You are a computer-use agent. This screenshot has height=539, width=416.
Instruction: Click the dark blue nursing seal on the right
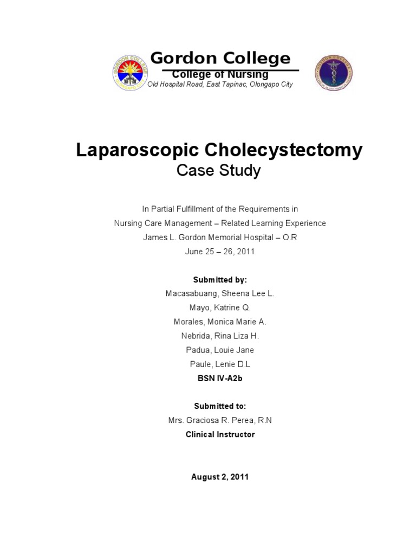click(x=333, y=73)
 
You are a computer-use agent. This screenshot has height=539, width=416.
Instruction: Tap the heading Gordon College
click(x=220, y=58)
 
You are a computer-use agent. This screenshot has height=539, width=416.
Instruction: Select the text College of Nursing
click(x=220, y=74)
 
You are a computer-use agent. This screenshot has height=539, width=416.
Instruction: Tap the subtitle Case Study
click(x=219, y=170)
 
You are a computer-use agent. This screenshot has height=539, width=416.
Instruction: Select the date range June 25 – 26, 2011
click(x=219, y=252)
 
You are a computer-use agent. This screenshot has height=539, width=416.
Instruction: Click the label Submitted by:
click(x=219, y=280)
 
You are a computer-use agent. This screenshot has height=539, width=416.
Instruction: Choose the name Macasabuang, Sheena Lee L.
click(x=219, y=293)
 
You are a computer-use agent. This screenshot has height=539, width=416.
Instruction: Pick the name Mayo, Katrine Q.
click(x=219, y=307)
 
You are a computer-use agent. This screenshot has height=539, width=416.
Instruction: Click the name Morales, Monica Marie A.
click(x=219, y=322)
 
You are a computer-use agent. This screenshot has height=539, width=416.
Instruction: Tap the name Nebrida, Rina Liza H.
click(x=219, y=336)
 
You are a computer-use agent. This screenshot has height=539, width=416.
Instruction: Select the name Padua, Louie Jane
click(x=219, y=350)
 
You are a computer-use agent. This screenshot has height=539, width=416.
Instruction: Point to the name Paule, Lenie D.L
click(x=219, y=364)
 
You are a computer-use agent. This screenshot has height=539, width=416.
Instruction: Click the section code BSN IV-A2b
click(x=219, y=378)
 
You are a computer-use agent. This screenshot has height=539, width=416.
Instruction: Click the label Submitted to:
click(x=219, y=406)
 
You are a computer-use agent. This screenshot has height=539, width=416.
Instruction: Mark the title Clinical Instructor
click(x=219, y=434)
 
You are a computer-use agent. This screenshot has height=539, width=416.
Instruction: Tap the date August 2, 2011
click(x=219, y=477)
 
